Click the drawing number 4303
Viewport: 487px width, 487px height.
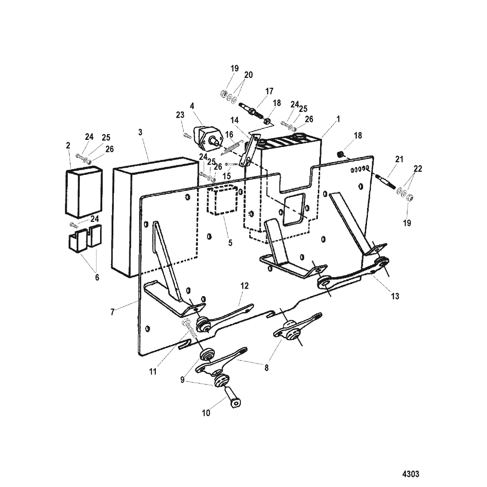[410, 474]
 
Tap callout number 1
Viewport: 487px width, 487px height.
[338, 119]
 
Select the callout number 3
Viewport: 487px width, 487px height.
[140, 132]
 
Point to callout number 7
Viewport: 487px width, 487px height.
[112, 312]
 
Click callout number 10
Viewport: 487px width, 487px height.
[206, 414]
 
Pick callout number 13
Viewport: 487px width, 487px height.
[395, 296]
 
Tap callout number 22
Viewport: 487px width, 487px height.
[418, 169]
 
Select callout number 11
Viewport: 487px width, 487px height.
[153, 371]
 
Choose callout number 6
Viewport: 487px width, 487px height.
[97, 278]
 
